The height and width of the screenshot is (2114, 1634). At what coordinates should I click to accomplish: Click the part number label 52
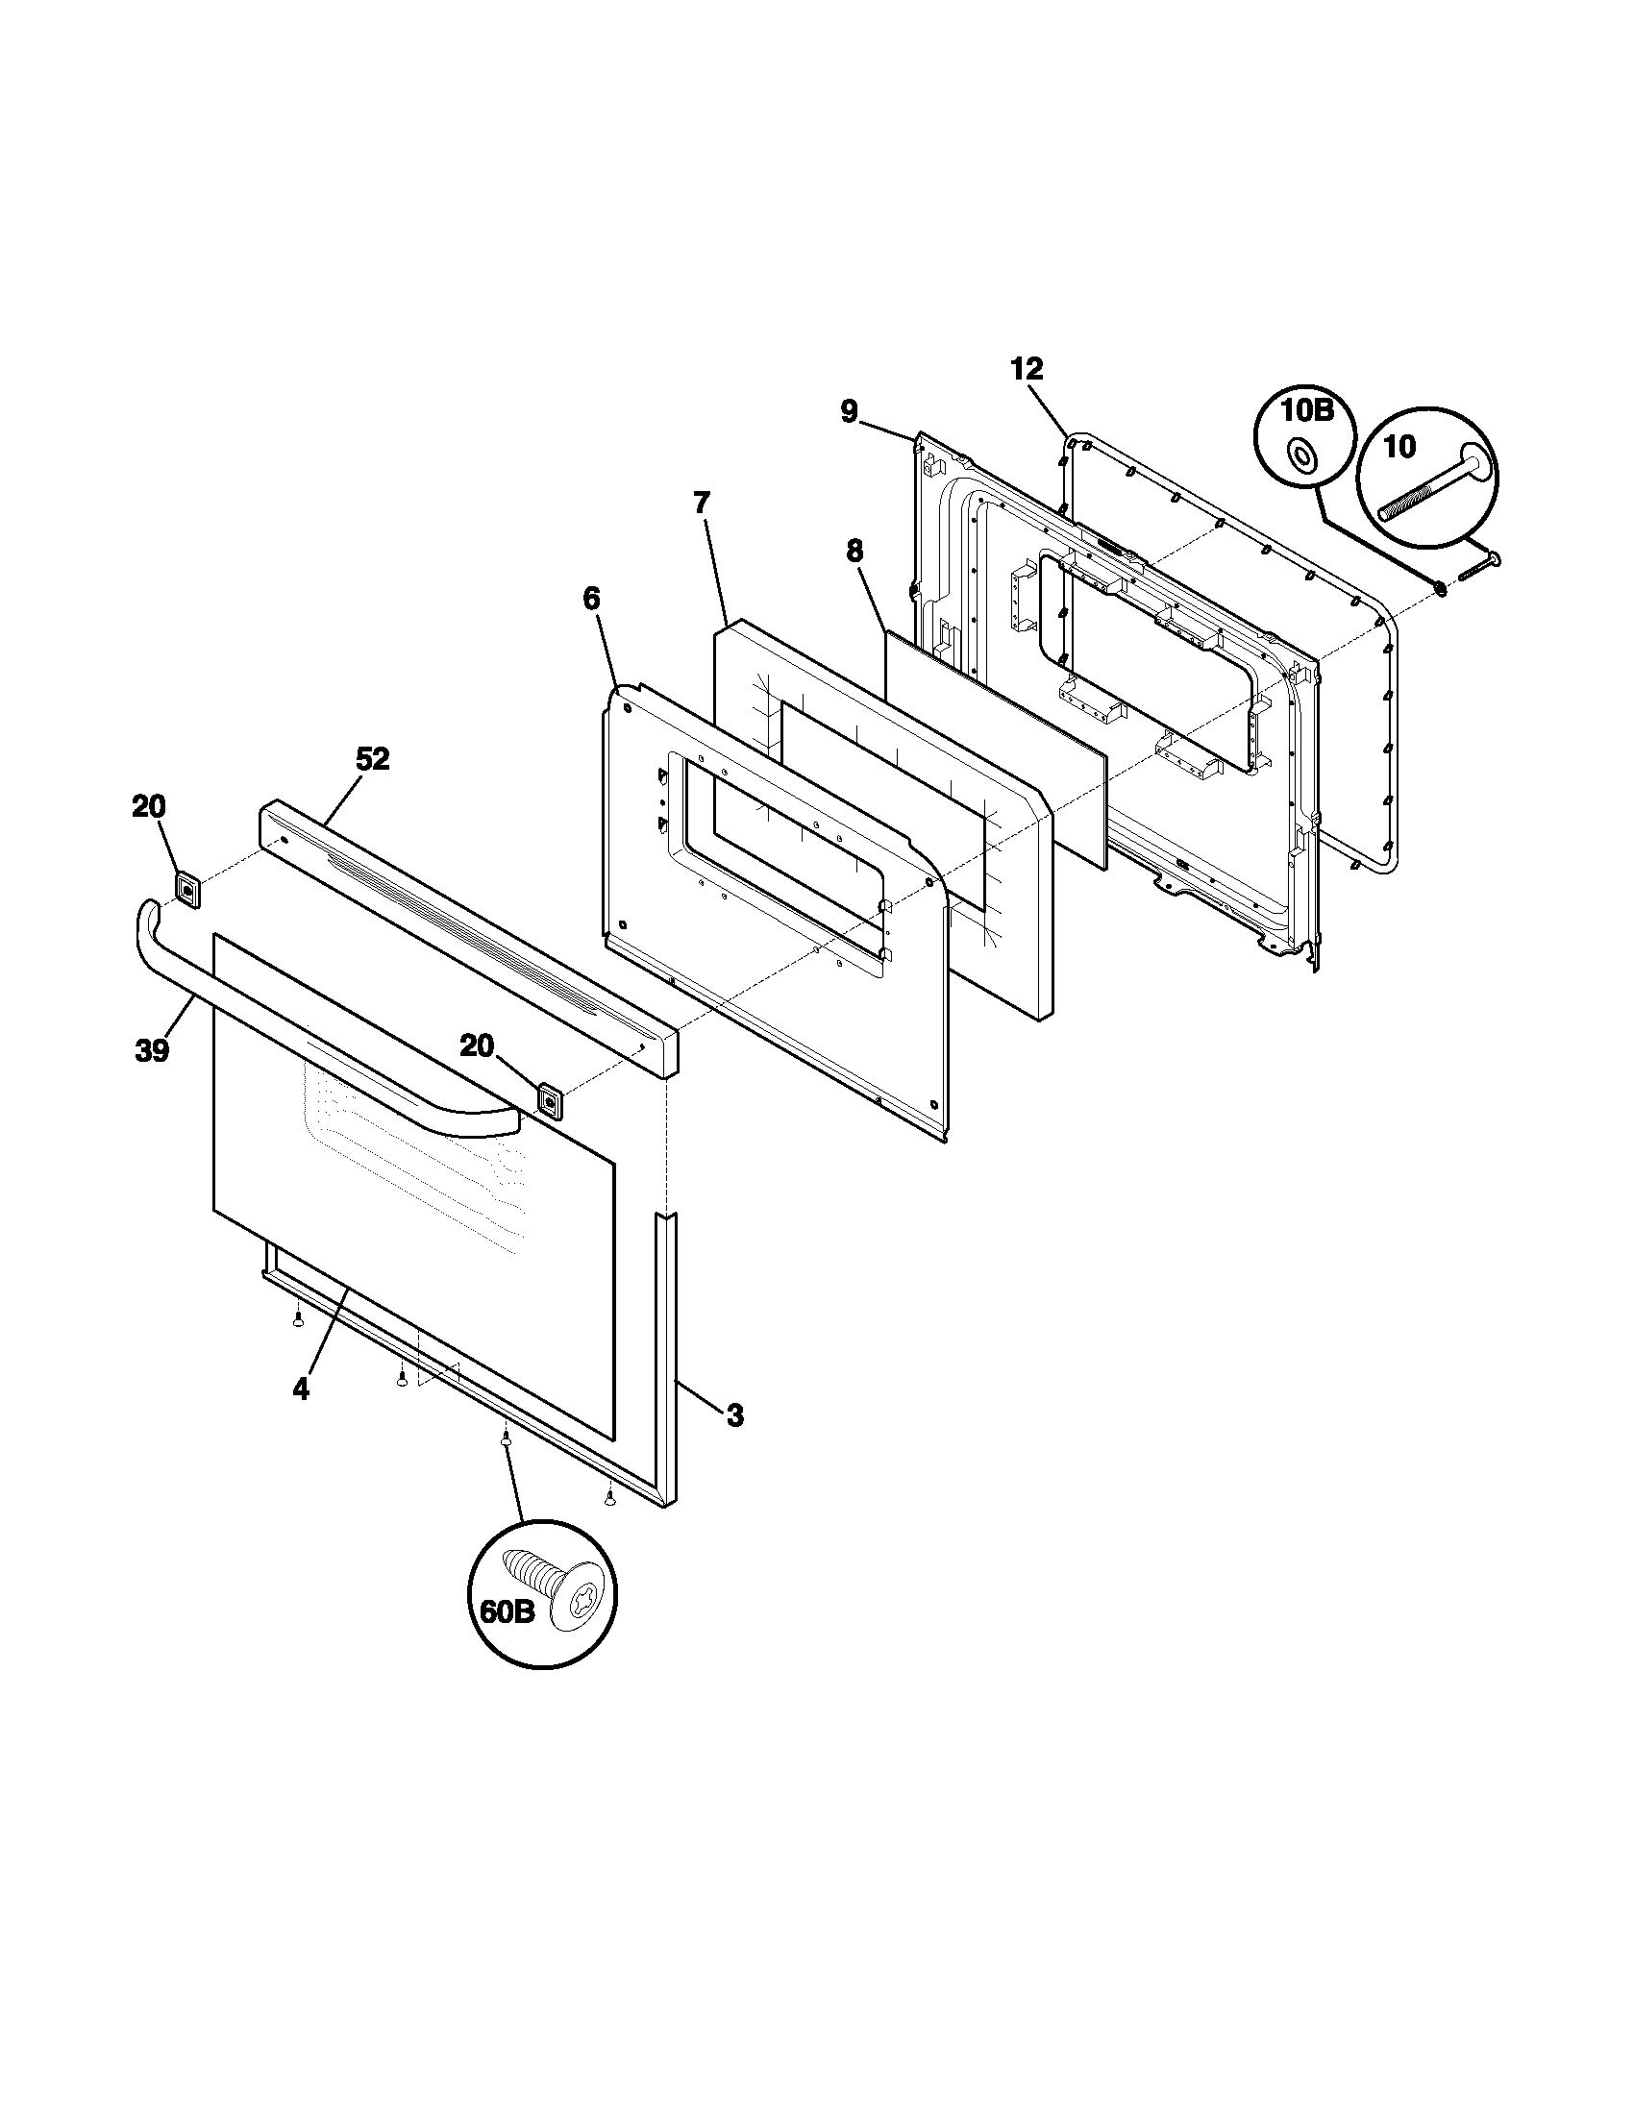coord(372,760)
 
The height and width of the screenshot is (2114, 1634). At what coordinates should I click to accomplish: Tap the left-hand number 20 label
coord(149,806)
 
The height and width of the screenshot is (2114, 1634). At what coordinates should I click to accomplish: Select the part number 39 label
coord(152,1050)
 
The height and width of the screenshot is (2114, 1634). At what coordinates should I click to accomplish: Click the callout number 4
coord(301,1390)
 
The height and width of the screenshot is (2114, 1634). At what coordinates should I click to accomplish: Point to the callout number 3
coord(734,1416)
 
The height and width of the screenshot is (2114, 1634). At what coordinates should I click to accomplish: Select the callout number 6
coord(591,600)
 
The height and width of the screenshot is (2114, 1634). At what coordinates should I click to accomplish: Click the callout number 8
coord(854,551)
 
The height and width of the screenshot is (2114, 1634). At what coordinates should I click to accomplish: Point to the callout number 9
coord(849,412)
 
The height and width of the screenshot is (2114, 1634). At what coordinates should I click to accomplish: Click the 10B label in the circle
coord(1307,410)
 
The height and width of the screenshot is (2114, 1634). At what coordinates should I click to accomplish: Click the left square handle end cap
coord(187,889)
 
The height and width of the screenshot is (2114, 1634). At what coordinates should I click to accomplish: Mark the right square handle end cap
coord(551,1100)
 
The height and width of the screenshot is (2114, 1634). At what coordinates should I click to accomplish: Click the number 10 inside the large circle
coord(1399,446)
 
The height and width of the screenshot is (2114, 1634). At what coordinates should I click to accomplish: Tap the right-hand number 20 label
coord(476,1045)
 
